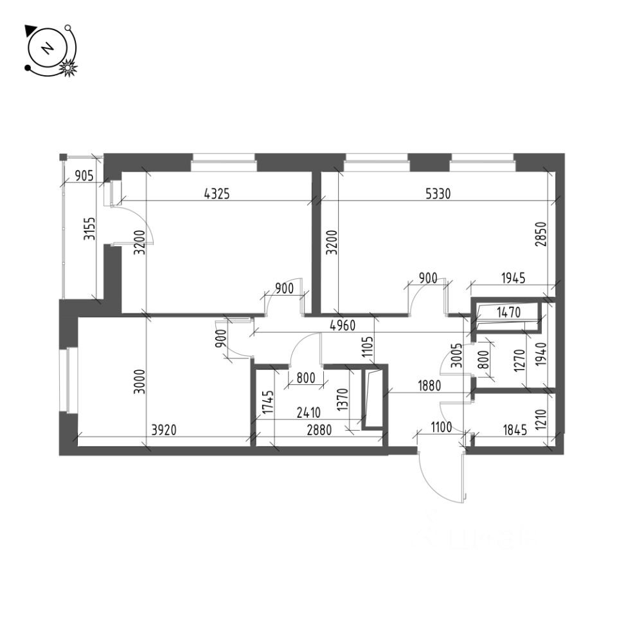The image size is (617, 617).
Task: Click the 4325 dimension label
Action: point(217,192)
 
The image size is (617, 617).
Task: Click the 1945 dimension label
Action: point(512,278)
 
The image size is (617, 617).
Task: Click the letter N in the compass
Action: point(47,49)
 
